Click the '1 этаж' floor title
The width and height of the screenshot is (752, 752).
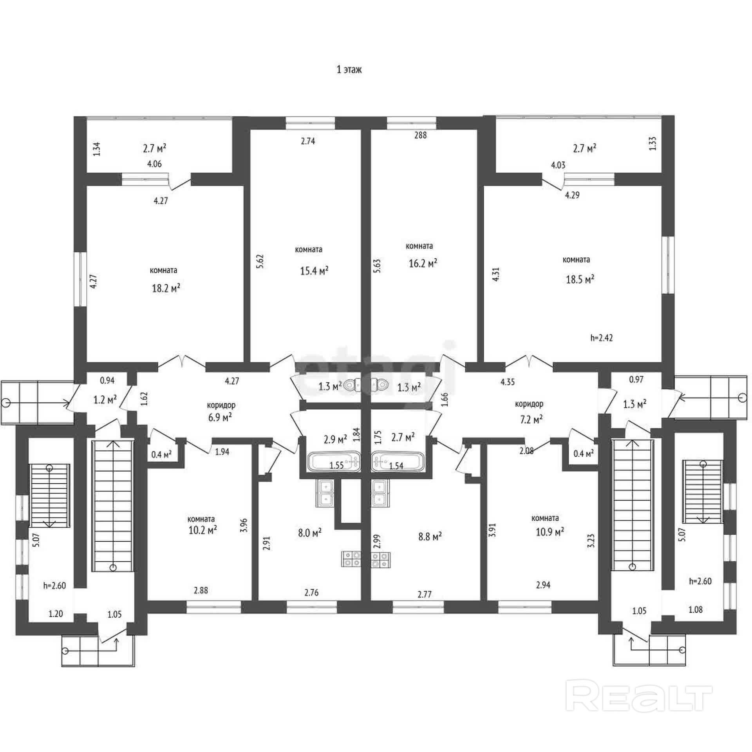click(349, 70)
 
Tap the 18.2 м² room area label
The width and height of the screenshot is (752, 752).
click(166, 288)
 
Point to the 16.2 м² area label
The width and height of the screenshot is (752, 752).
click(423, 263)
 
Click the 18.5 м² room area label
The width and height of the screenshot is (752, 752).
click(580, 279)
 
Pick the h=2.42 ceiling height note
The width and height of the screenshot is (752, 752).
click(602, 338)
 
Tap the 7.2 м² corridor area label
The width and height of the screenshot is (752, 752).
click(531, 419)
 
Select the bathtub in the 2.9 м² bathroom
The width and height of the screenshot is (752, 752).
click(334, 461)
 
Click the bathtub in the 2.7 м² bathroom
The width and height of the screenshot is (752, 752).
click(397, 461)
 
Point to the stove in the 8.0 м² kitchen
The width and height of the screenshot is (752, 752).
click(351, 559)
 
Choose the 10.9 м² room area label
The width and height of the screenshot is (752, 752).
click(550, 531)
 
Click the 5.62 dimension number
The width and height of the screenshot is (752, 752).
click(260, 262)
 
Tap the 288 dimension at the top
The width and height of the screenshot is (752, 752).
click(420, 135)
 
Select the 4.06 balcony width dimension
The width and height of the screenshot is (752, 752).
click(154, 164)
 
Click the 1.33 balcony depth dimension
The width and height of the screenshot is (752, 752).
click(653, 143)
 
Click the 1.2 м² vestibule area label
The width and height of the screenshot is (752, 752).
click(106, 400)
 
